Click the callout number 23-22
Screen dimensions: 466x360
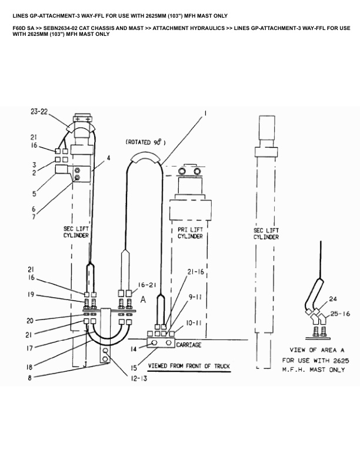click(40, 111)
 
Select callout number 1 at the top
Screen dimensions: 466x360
click(205, 112)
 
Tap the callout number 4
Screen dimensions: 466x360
click(108, 158)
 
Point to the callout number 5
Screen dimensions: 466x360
click(34, 193)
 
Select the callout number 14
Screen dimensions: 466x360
click(134, 349)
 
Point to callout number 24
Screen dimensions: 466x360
click(332, 298)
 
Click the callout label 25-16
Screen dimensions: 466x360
click(339, 314)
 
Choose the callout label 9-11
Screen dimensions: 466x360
click(194, 298)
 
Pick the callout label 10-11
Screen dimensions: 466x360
click(194, 323)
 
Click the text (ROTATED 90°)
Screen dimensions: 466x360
click(146, 142)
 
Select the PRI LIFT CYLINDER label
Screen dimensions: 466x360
click(190, 233)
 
